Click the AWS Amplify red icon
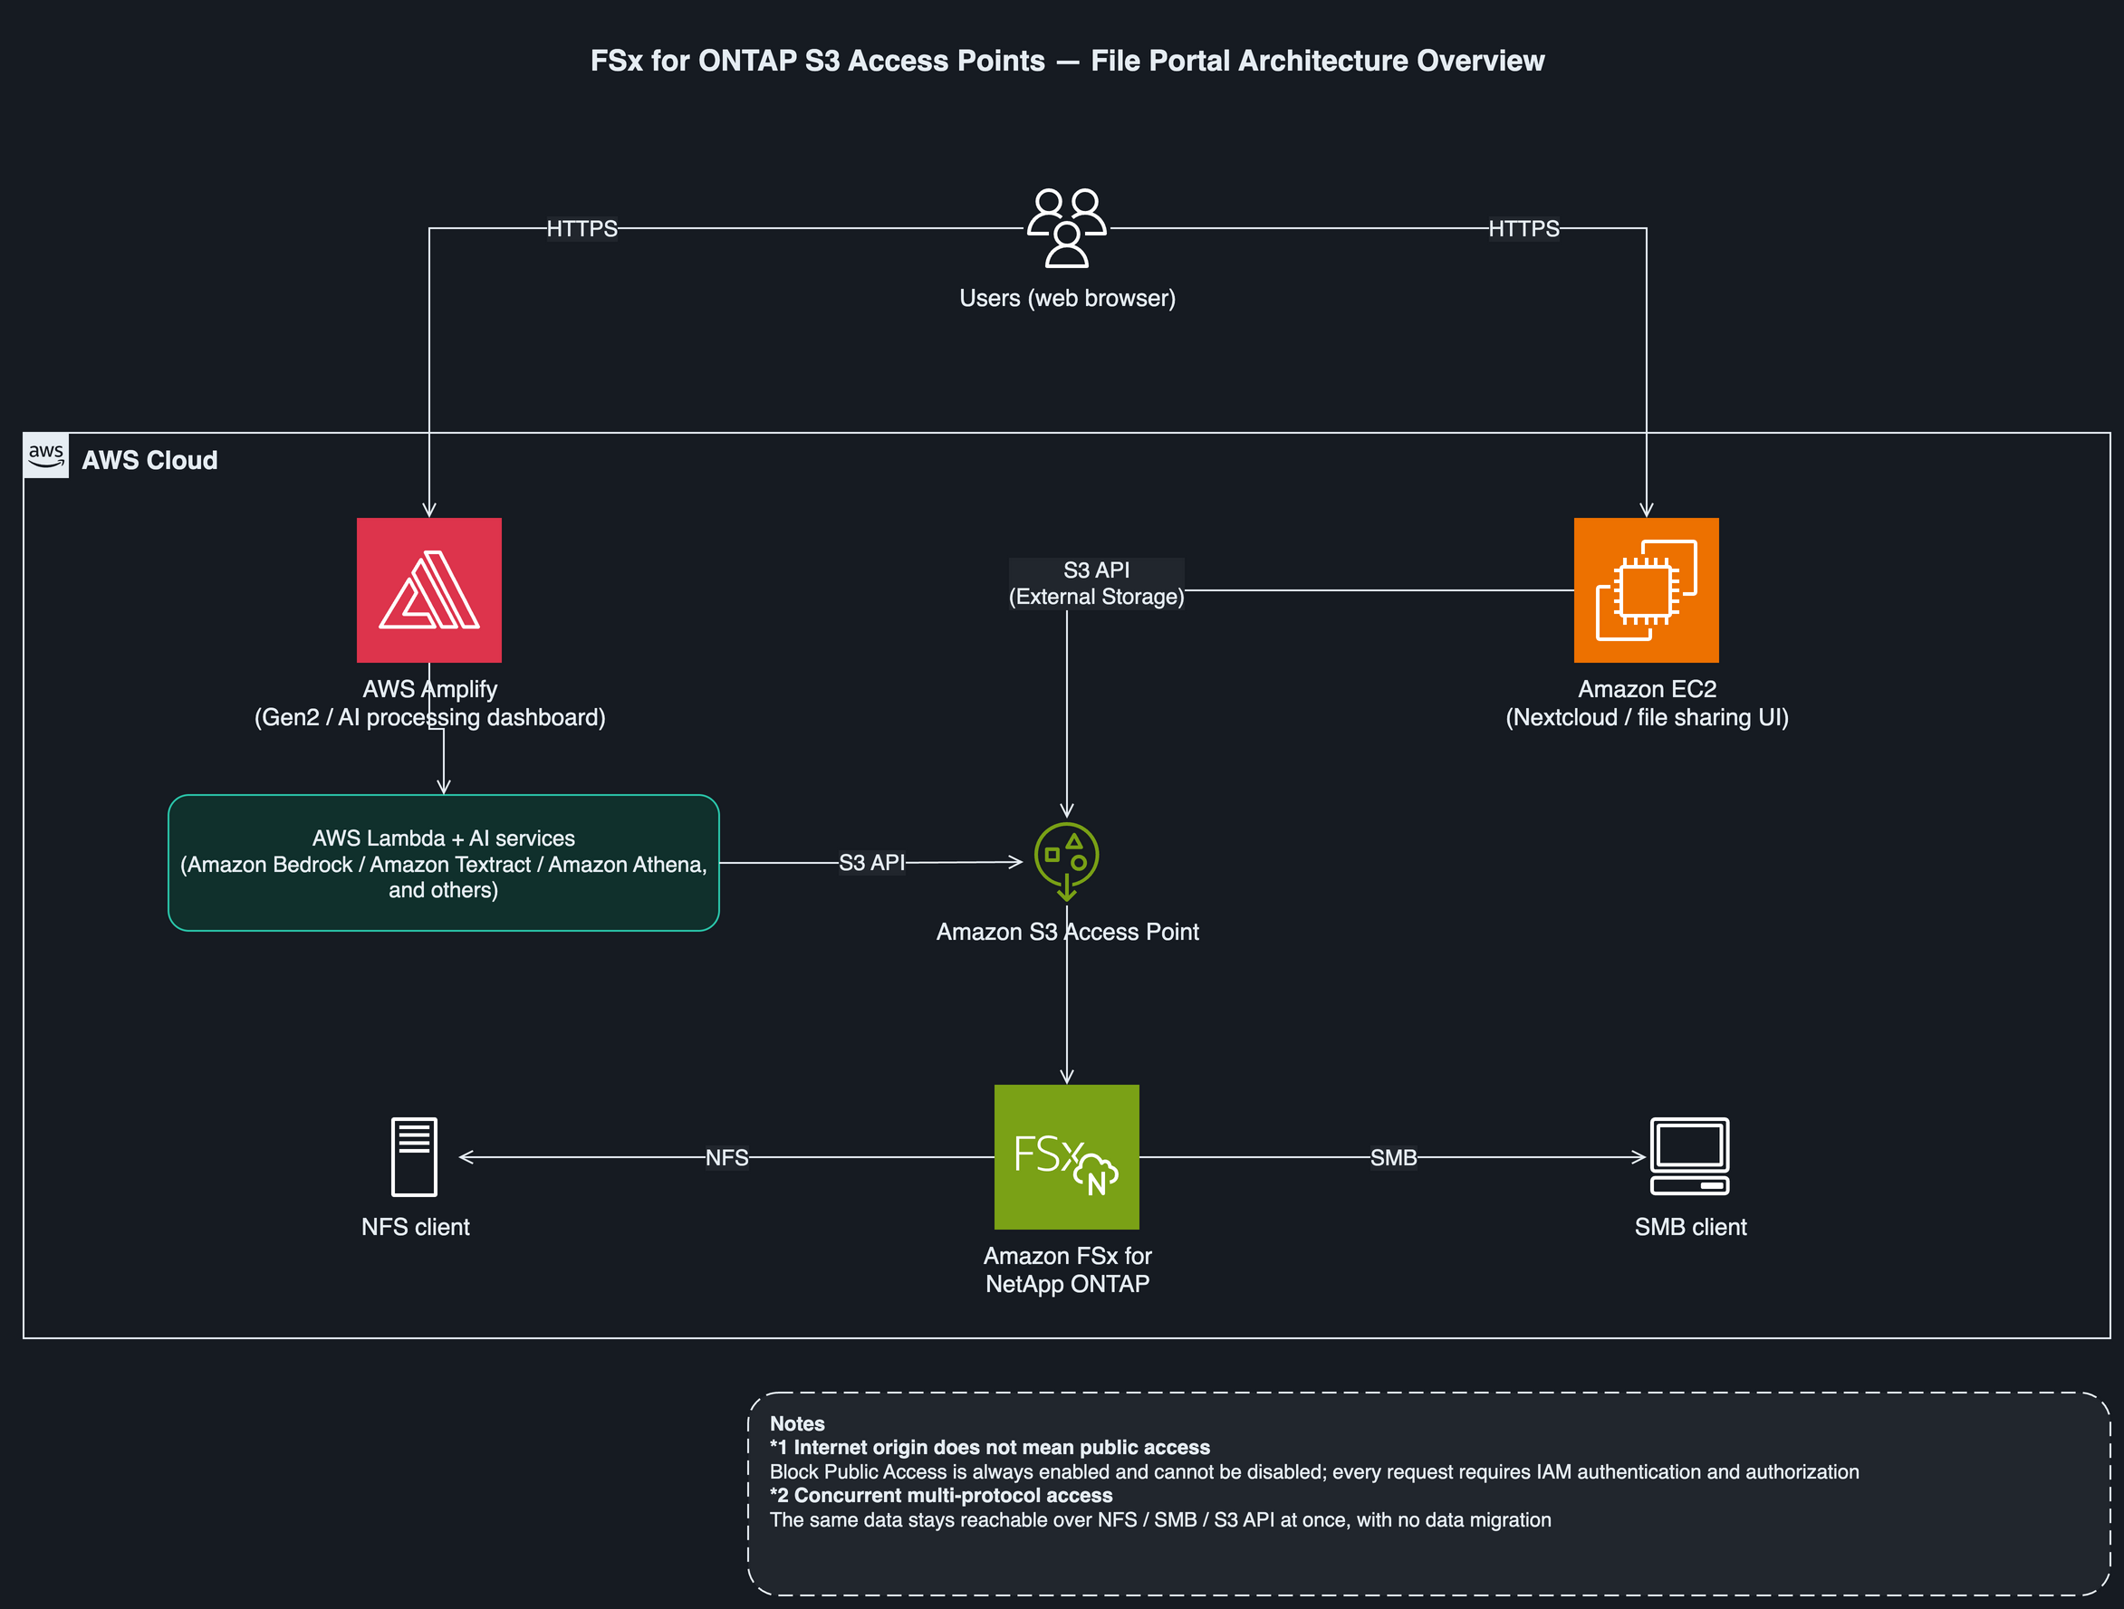coord(429,590)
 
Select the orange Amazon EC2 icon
coord(1646,590)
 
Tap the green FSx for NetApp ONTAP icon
coord(1067,1157)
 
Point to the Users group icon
coord(1067,227)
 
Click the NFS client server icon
coord(415,1157)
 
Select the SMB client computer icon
coord(1690,1156)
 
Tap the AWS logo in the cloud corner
coord(46,456)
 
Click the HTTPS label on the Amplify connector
coord(581,228)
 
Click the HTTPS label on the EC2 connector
coord(1523,228)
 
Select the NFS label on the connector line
coord(727,1158)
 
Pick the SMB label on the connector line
coord(1393,1158)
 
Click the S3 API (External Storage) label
coord(1097,584)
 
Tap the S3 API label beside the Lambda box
coord(872,863)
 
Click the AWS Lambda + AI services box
coord(444,863)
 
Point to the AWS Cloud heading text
coord(149,461)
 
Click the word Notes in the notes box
coord(797,1423)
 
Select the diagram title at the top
coord(1068,61)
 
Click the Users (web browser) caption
coord(1068,299)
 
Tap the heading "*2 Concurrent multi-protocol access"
coord(941,1496)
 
